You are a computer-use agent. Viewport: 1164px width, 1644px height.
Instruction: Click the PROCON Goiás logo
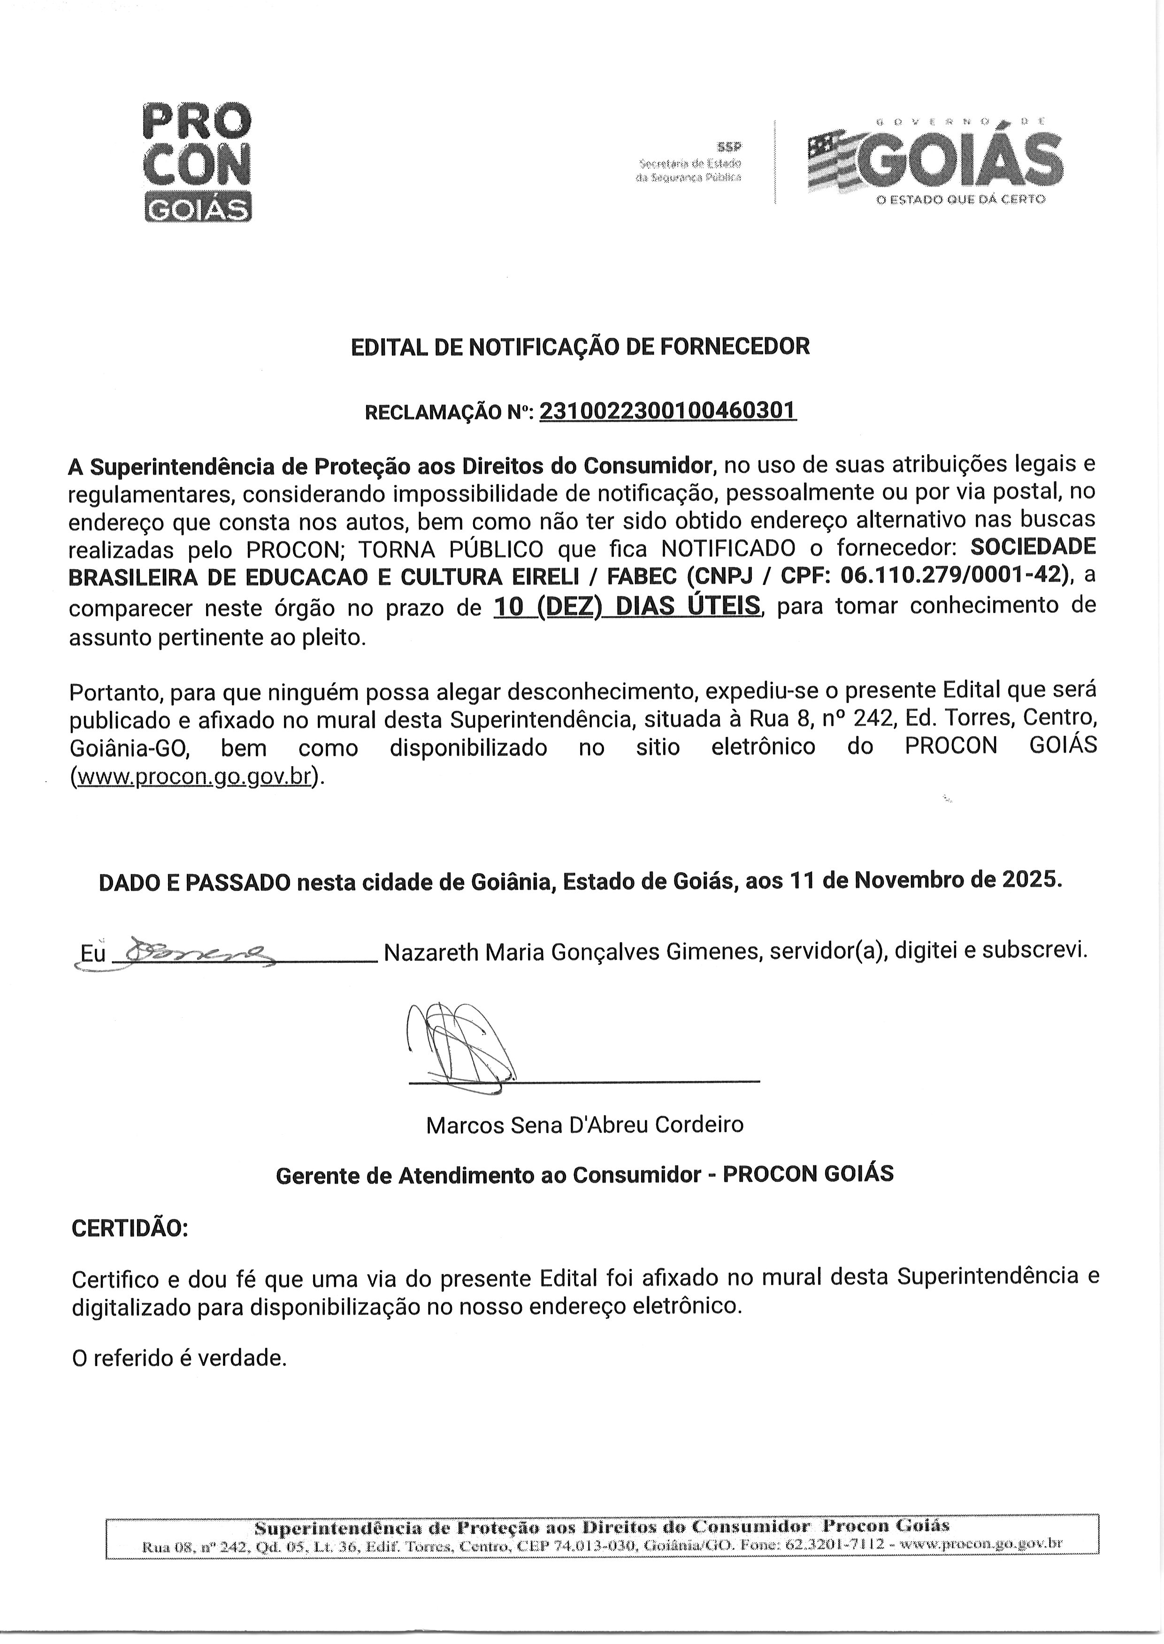tap(198, 163)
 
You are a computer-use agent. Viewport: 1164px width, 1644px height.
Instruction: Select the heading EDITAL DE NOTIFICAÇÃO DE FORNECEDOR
tap(580, 347)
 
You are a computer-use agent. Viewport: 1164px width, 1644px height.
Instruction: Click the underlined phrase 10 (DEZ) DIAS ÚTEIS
tap(627, 606)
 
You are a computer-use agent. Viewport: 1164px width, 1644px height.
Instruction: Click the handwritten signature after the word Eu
tap(193, 953)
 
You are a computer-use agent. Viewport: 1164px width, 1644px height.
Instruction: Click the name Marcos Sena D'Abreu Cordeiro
tap(584, 1125)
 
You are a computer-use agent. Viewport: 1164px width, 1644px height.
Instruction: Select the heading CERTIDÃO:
tap(130, 1228)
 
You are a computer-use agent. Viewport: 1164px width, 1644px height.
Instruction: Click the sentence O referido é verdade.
tap(179, 1357)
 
